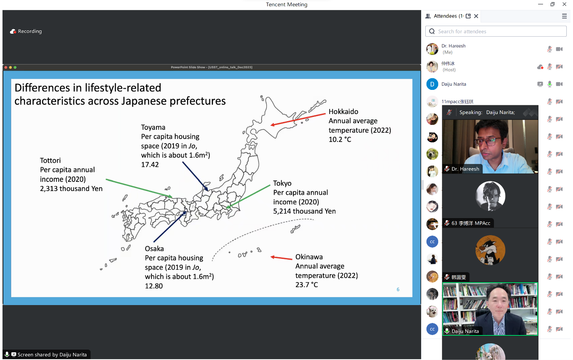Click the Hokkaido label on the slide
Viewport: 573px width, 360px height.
(x=343, y=112)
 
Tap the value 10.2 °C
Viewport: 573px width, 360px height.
(x=340, y=139)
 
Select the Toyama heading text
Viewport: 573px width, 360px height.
(x=153, y=127)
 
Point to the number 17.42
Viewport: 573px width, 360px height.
(x=150, y=164)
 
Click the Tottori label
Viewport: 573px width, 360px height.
(x=50, y=160)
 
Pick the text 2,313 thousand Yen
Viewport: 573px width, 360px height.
(x=71, y=189)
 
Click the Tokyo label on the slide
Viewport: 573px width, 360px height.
(x=282, y=183)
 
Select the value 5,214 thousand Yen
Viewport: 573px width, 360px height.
(x=305, y=211)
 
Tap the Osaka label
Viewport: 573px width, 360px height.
(x=154, y=248)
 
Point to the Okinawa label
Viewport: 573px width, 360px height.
(x=309, y=257)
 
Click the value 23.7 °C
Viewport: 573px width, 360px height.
(x=306, y=285)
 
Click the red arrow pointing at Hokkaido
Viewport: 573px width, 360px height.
(x=298, y=119)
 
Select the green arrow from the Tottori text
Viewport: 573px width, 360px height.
(x=139, y=188)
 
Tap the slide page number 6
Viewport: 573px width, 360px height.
(x=398, y=289)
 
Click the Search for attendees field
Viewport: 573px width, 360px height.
(x=496, y=31)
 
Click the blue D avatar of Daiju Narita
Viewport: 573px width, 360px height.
(x=432, y=84)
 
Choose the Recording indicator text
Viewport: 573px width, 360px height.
(x=30, y=31)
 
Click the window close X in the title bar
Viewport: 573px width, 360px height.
(x=564, y=4)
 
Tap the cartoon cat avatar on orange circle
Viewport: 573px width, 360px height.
(x=490, y=250)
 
